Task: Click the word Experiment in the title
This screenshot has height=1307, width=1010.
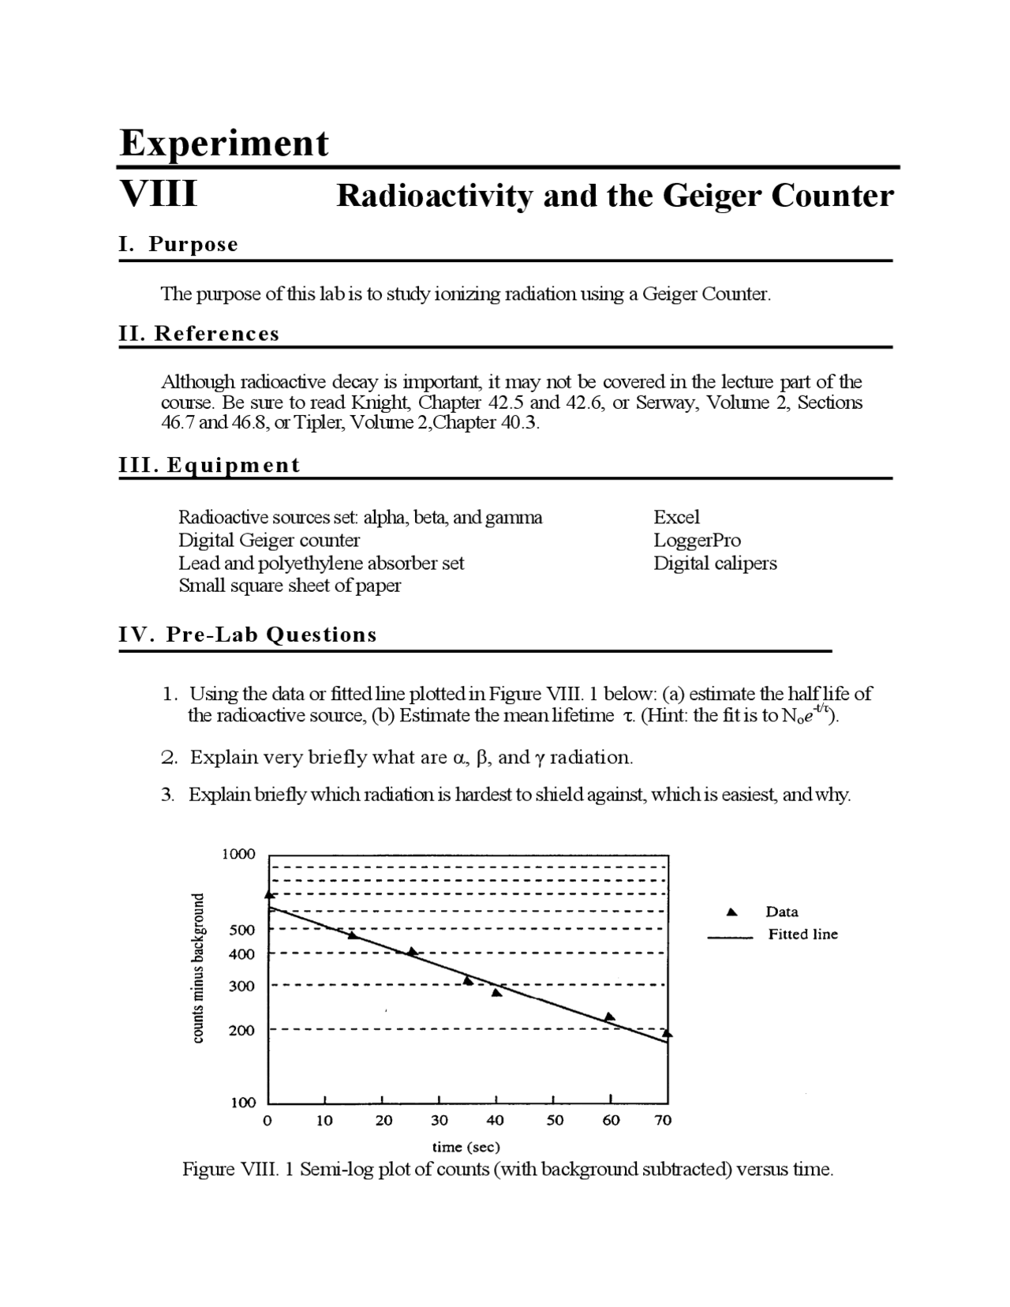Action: [224, 144]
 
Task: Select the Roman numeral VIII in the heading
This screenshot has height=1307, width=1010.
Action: [158, 193]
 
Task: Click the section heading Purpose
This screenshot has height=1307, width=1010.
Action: [193, 244]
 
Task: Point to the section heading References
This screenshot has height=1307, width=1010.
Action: [216, 333]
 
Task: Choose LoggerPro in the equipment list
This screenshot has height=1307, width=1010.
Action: [697, 541]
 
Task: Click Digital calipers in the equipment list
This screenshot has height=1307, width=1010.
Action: [715, 564]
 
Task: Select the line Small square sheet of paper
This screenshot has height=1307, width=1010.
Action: [290, 586]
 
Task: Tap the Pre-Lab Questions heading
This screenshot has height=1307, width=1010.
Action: [271, 635]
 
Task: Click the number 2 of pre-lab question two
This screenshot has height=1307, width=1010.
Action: [166, 758]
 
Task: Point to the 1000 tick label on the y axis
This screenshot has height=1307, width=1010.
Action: [238, 854]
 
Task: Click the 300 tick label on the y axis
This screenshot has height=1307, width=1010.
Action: [241, 986]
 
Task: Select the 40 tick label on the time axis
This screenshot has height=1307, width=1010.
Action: [496, 1121]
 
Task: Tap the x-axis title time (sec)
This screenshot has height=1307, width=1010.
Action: [466, 1147]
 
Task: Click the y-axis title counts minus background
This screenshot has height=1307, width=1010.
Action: [199, 968]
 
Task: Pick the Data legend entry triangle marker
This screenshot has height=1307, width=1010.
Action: [731, 912]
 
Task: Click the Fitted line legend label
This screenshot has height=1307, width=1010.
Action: [802, 934]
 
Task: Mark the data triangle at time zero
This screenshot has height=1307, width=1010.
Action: [269, 894]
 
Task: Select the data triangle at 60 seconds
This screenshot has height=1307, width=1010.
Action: [609, 1017]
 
